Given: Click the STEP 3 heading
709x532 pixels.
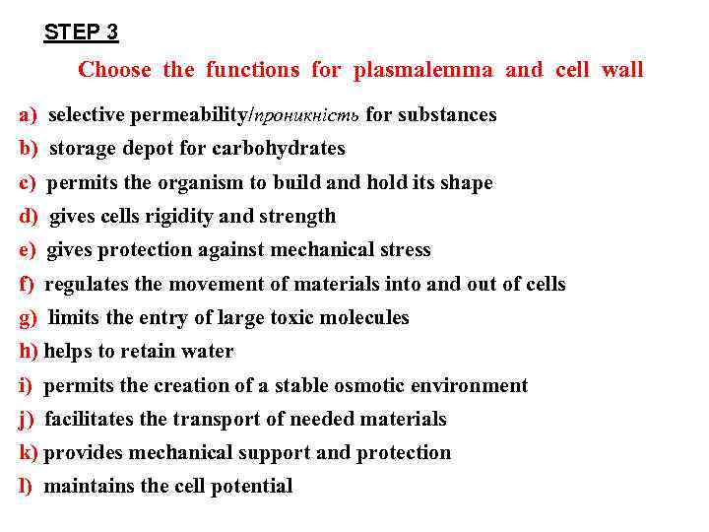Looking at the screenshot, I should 81,33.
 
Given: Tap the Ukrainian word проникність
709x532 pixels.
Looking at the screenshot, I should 307,116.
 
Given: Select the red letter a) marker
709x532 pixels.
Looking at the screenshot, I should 27,115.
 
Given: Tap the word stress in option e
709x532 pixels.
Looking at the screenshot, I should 405,249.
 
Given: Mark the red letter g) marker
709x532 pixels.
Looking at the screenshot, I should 28,317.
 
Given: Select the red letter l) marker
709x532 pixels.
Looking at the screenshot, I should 26,486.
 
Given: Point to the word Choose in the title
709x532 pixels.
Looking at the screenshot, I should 114,70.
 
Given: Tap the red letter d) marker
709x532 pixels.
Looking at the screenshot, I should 28,216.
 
